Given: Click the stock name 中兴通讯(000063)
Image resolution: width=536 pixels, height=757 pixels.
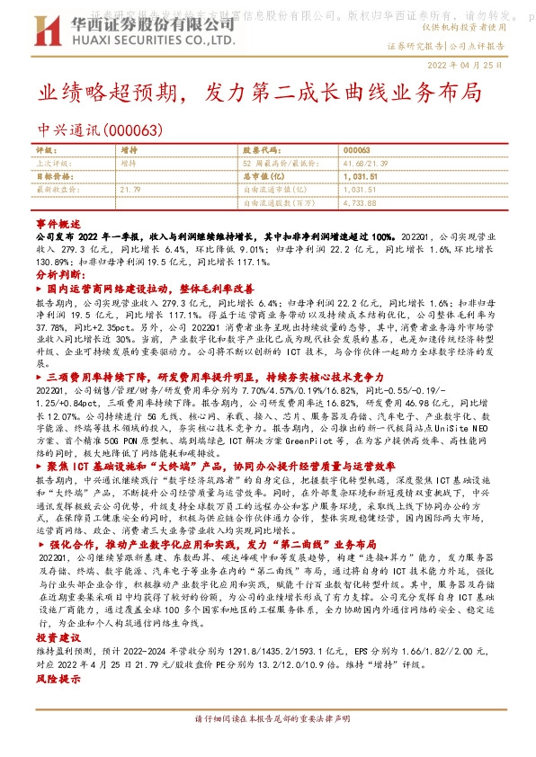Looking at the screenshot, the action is click(100, 129).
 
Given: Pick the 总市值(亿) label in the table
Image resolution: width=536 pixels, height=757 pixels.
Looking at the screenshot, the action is click(265, 177).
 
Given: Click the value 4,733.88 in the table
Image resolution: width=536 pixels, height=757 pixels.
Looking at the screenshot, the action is click(360, 203).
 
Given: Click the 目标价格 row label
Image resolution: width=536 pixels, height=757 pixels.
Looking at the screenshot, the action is click(53, 177).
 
